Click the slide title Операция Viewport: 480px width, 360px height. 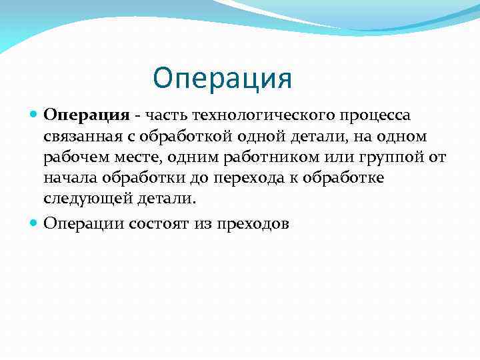(222, 77)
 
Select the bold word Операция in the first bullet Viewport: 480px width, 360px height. (86, 115)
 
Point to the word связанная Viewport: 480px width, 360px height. (81, 137)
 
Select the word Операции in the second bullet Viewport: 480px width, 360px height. (83, 223)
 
